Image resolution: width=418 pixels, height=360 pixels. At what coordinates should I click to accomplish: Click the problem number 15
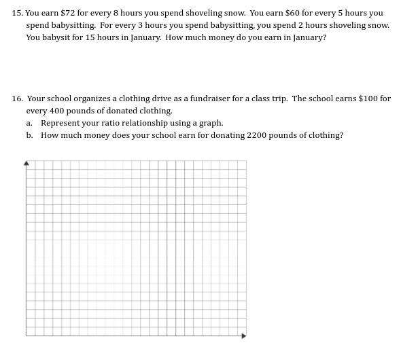[16, 13]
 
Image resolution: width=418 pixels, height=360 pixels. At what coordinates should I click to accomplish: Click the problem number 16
[16, 98]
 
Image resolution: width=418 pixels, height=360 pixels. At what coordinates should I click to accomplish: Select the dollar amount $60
[293, 13]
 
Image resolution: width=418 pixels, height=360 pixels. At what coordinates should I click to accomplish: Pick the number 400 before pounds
[56, 111]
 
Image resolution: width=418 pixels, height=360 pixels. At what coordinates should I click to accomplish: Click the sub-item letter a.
[29, 123]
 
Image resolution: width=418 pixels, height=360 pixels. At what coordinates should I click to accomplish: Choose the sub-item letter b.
[29, 135]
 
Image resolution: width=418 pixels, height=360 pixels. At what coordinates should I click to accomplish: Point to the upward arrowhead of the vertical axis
[27, 163]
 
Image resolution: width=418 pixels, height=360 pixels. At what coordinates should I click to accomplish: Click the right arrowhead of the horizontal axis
[244, 335]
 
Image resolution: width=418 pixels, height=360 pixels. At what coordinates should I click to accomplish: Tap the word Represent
[59, 123]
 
